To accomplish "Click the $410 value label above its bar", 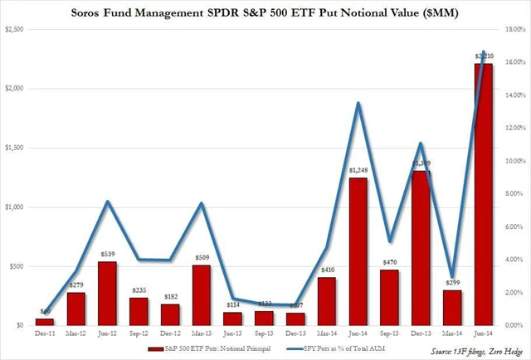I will click(x=325, y=270).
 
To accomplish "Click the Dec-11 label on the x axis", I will click(x=45, y=334).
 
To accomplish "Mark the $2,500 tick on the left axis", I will click(x=16, y=29).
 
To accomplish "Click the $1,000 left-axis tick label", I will click(x=16, y=207).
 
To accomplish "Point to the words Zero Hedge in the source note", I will click(x=502, y=352).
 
